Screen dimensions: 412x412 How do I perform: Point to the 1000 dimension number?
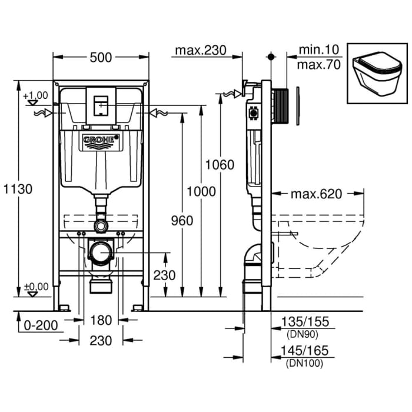click(x=201, y=191)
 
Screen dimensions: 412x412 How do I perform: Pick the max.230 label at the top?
click(x=201, y=51)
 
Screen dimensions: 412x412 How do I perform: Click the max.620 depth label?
click(x=315, y=194)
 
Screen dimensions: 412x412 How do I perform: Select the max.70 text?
click(x=318, y=65)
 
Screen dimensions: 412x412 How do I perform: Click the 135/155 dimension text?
click(x=305, y=322)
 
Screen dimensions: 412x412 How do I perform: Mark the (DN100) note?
click(x=304, y=363)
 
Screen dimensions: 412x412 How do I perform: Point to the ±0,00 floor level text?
click(x=36, y=287)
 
